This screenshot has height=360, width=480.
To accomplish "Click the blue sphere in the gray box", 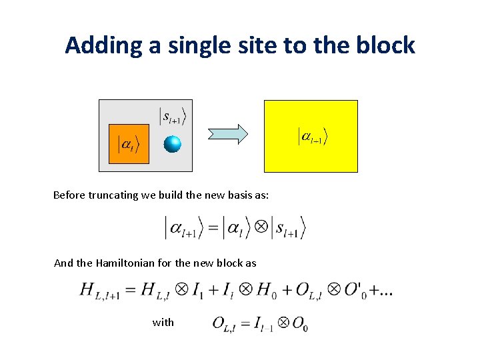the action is pyautogui.click(x=173, y=143).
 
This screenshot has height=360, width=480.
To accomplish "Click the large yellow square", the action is pyautogui.click(x=311, y=136).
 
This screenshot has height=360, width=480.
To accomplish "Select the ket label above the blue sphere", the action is pyautogui.click(x=173, y=115).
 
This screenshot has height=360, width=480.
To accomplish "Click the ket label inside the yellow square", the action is pyautogui.click(x=312, y=137).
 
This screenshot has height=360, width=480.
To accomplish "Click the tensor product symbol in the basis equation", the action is pyautogui.click(x=261, y=228).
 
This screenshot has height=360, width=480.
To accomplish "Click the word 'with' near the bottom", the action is pyautogui.click(x=163, y=323).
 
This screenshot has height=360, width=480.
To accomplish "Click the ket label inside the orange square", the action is pyautogui.click(x=129, y=144).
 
